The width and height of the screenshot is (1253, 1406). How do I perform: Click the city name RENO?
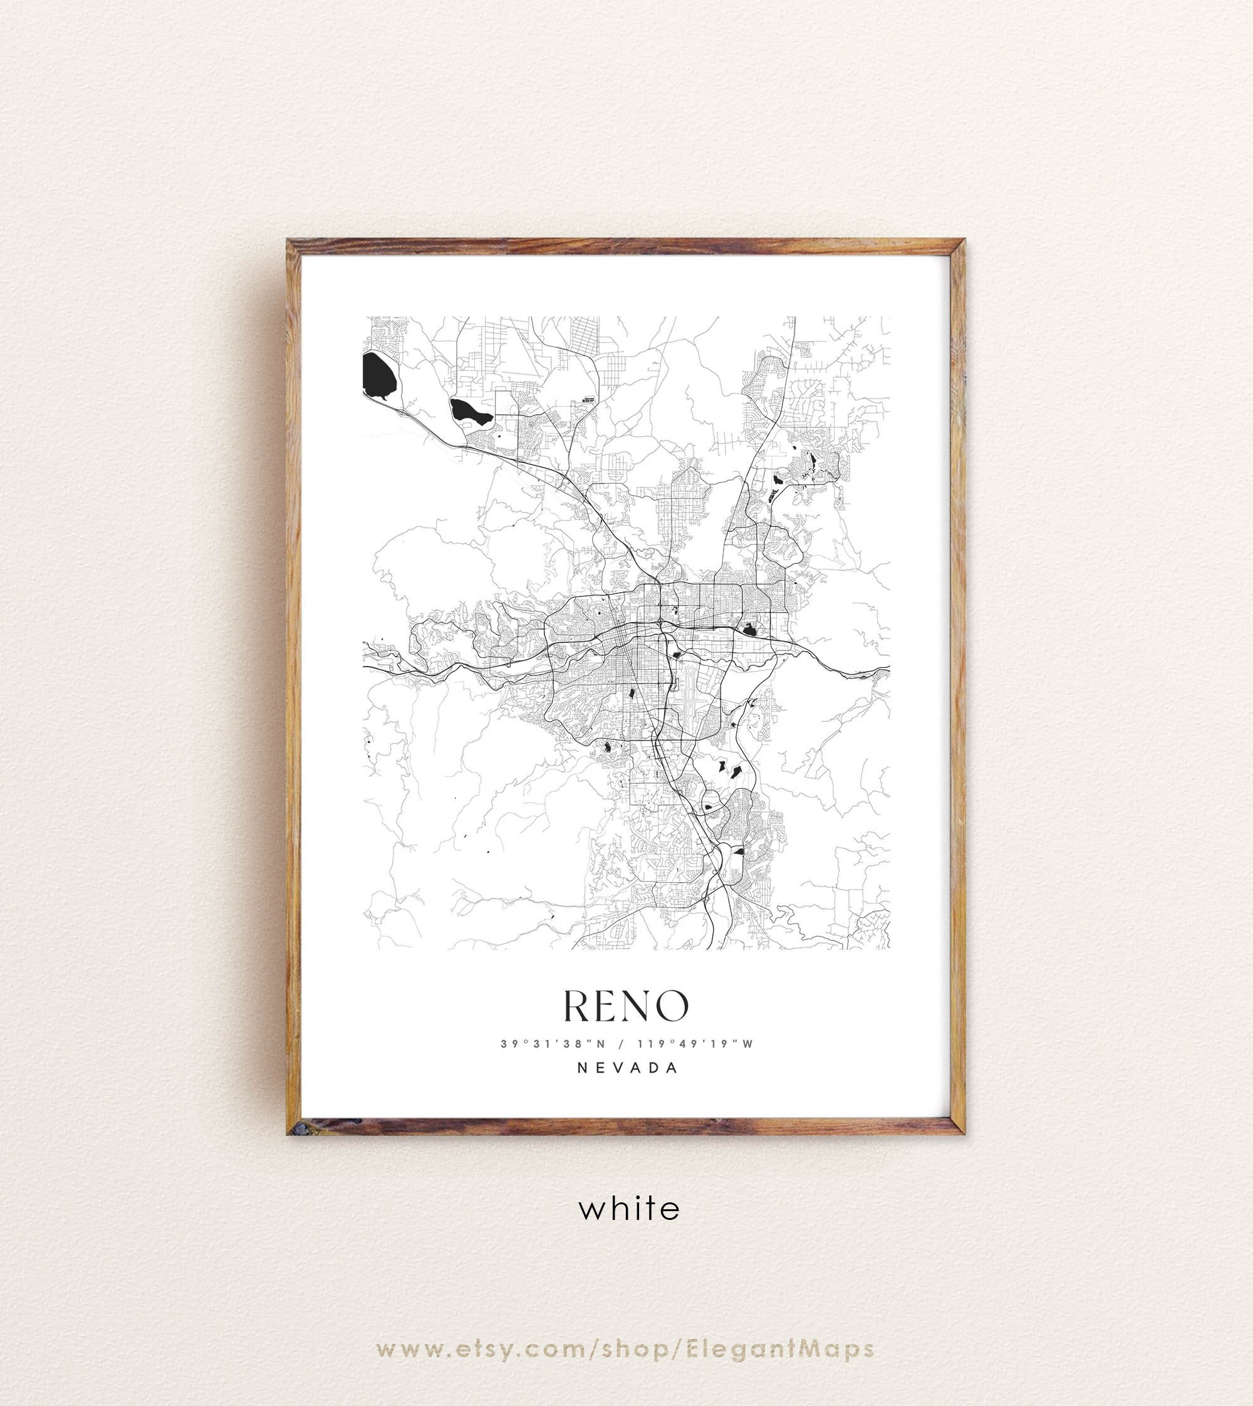[626, 1007]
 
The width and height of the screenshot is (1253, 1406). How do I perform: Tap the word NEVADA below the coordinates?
[627, 1068]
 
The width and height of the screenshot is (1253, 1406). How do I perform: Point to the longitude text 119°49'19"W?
[695, 1044]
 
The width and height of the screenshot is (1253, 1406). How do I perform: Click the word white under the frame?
[628, 1209]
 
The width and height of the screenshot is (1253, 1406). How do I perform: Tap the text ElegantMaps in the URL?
[780, 1311]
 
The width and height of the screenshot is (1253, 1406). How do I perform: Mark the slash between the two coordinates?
[620, 1044]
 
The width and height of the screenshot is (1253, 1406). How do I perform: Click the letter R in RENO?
[576, 1007]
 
